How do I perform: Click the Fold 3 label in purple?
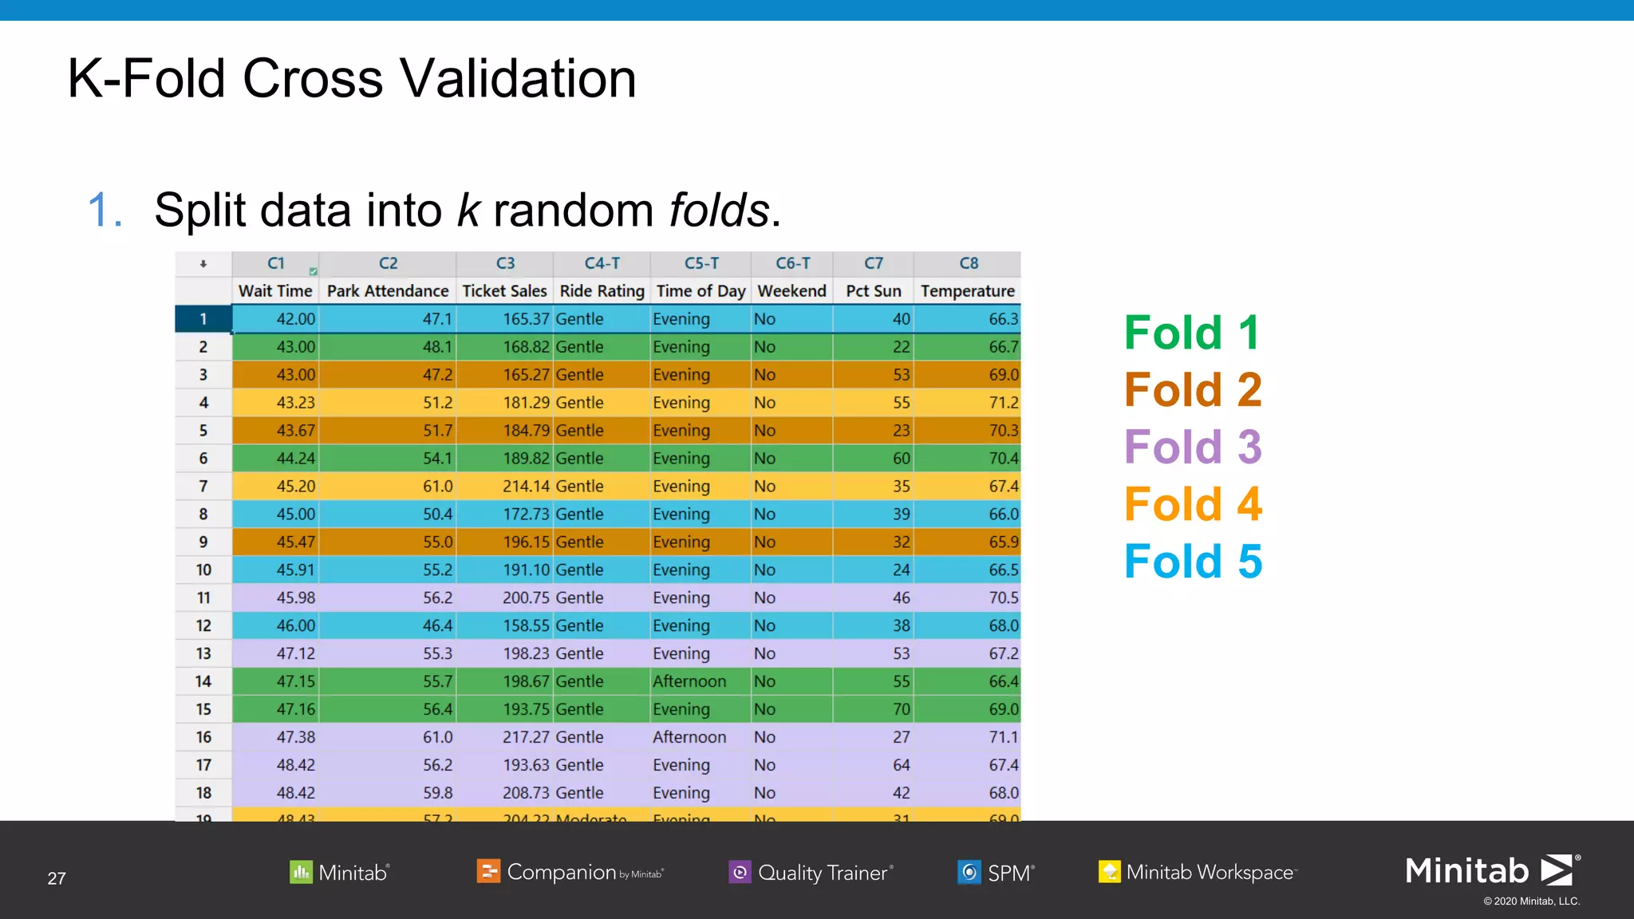[1193, 447]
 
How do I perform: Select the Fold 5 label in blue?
[1193, 562]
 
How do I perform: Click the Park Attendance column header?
[388, 291]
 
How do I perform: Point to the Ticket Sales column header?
[504, 291]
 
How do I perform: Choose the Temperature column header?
[967, 291]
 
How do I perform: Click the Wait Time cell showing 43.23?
[295, 403]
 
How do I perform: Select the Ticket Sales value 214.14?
[526, 487]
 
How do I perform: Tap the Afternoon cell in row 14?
[689, 681]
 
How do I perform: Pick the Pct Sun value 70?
[901, 709]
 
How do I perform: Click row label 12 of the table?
[203, 626]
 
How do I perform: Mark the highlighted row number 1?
[203, 319]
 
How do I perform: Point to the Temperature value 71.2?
[1003, 403]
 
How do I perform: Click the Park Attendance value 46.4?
[437, 626]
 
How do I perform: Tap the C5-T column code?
[701, 263]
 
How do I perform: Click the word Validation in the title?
[518, 79]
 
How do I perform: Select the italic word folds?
[719, 211]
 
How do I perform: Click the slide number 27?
[57, 878]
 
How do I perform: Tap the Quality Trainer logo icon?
[740, 872]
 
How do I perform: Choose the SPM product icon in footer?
[969, 872]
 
